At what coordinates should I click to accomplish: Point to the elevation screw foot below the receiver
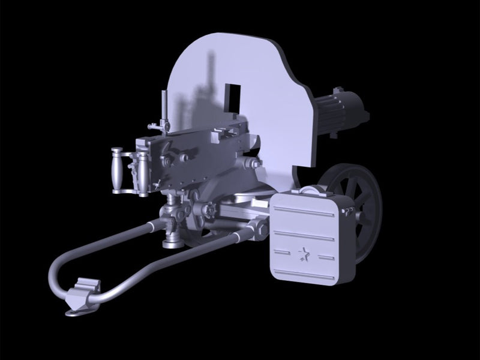click(x=173, y=240)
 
